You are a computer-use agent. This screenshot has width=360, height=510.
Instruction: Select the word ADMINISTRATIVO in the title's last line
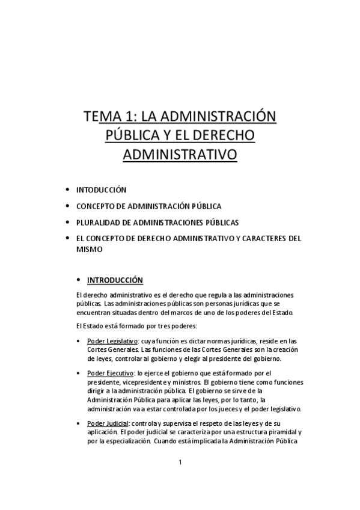180,155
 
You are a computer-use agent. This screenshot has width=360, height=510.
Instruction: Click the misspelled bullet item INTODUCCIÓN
101,189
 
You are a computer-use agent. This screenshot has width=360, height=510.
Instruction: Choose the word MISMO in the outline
89,249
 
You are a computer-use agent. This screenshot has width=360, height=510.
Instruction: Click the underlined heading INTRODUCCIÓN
115,280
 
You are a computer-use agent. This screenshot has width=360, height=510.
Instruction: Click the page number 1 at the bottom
180,462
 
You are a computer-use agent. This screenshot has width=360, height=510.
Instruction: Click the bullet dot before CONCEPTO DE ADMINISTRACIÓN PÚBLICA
67,206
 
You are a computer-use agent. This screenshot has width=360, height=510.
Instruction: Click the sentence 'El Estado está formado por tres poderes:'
138,326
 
